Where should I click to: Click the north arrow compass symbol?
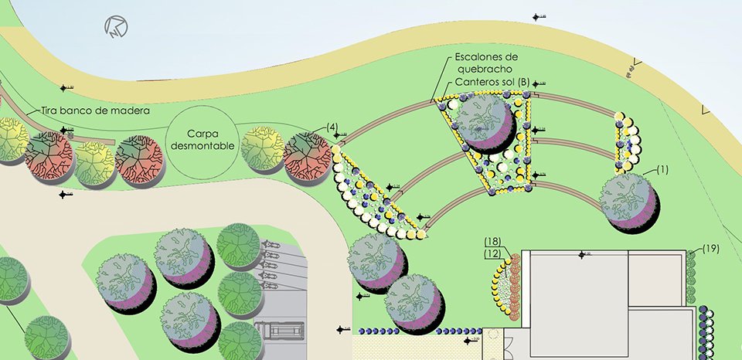coord(117,29)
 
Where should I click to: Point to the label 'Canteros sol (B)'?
coord(492,82)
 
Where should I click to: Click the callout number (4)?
coord(332,127)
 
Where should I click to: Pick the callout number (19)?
coord(711,249)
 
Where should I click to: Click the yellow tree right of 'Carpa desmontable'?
coord(263,148)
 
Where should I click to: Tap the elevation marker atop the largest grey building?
coord(582,253)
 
